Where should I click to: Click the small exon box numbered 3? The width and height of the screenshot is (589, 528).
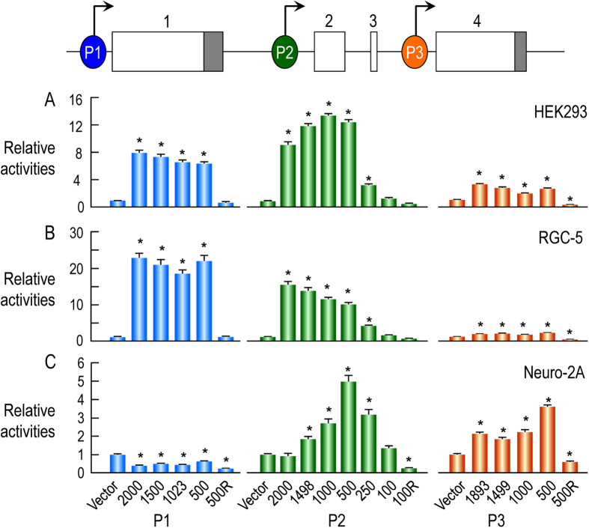click(373, 52)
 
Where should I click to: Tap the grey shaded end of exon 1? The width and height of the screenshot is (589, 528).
click(213, 52)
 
